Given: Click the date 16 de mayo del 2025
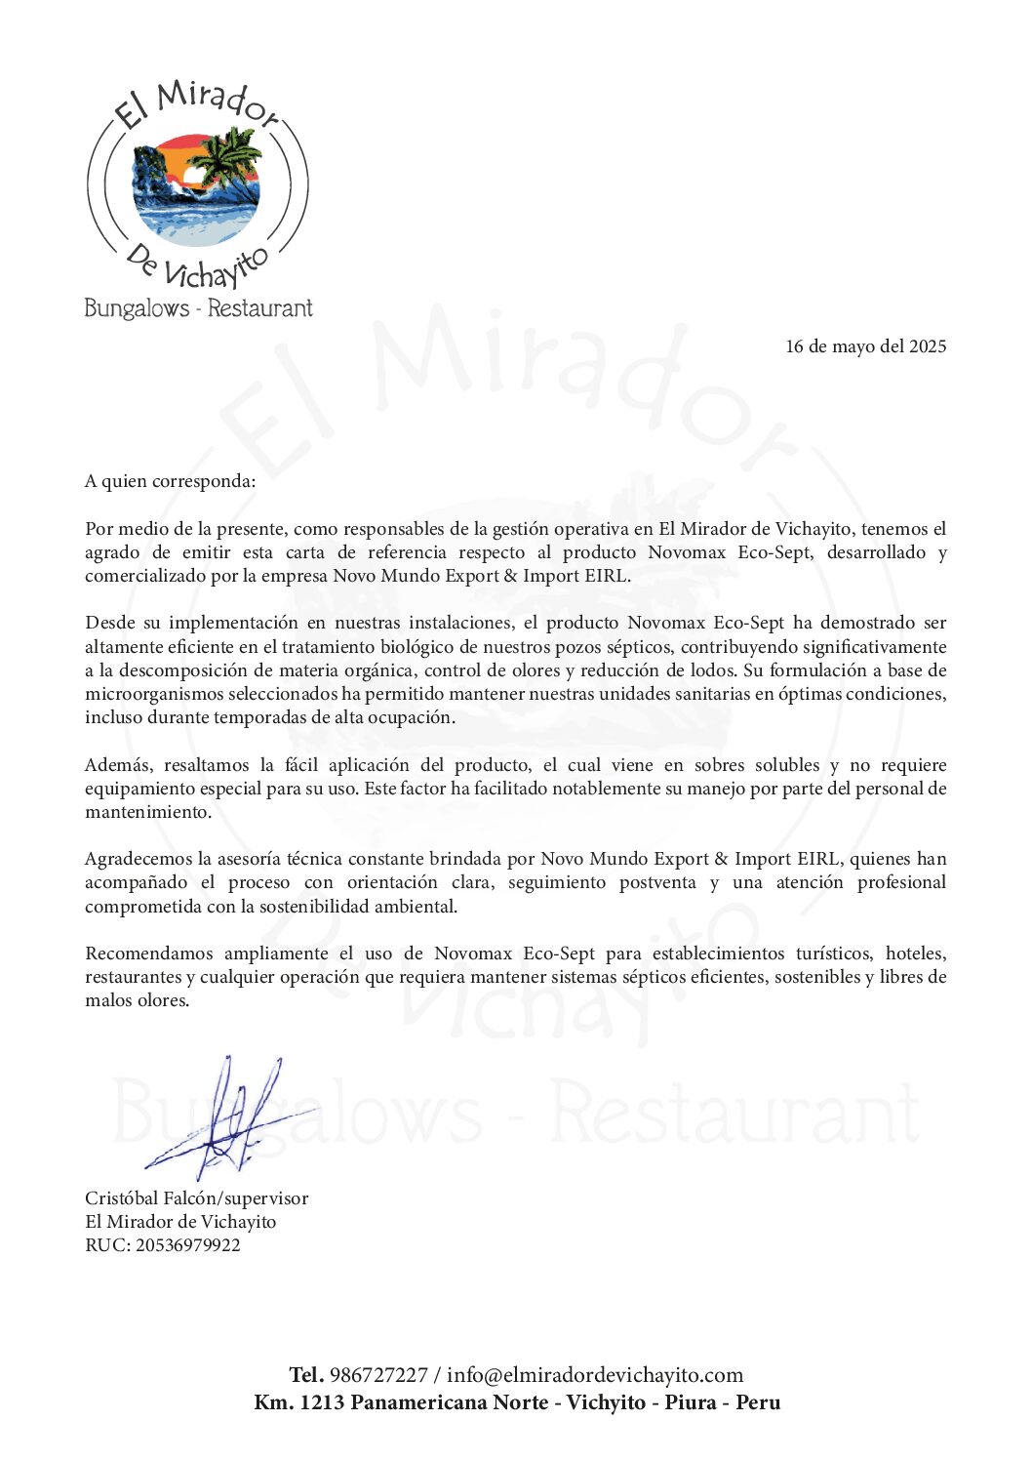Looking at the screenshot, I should [x=865, y=346].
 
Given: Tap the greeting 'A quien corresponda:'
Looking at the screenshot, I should [x=171, y=481].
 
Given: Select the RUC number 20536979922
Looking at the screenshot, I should [x=187, y=1245].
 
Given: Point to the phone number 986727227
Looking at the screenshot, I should [x=378, y=1375].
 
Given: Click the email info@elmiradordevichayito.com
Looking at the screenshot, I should [x=595, y=1375].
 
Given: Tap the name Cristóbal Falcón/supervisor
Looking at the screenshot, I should [x=196, y=1198].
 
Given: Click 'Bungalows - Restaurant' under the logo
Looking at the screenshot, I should [x=198, y=308].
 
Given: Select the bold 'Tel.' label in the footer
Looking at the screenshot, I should [x=306, y=1375].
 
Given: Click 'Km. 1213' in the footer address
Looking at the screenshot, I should [x=298, y=1402].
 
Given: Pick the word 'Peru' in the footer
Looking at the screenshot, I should [x=758, y=1402].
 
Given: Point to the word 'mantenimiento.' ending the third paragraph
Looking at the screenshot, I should [x=147, y=812].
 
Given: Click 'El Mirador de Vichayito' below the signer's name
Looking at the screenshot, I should [x=180, y=1222].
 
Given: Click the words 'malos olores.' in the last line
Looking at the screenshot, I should [x=137, y=1000].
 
